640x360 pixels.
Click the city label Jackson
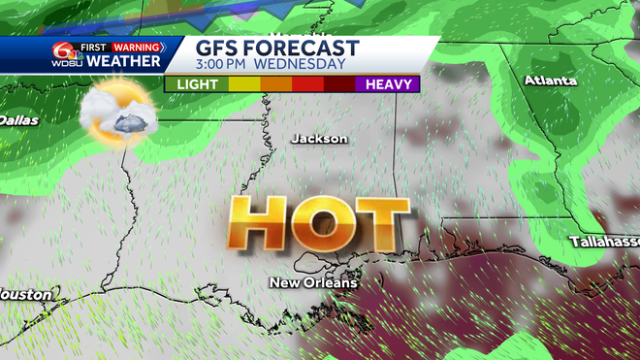pos(319,139)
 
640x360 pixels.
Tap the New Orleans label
pos(313,282)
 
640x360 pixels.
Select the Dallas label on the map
pos(18,120)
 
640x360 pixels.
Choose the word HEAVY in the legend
pos(386,84)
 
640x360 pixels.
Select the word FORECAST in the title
pos(305,48)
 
